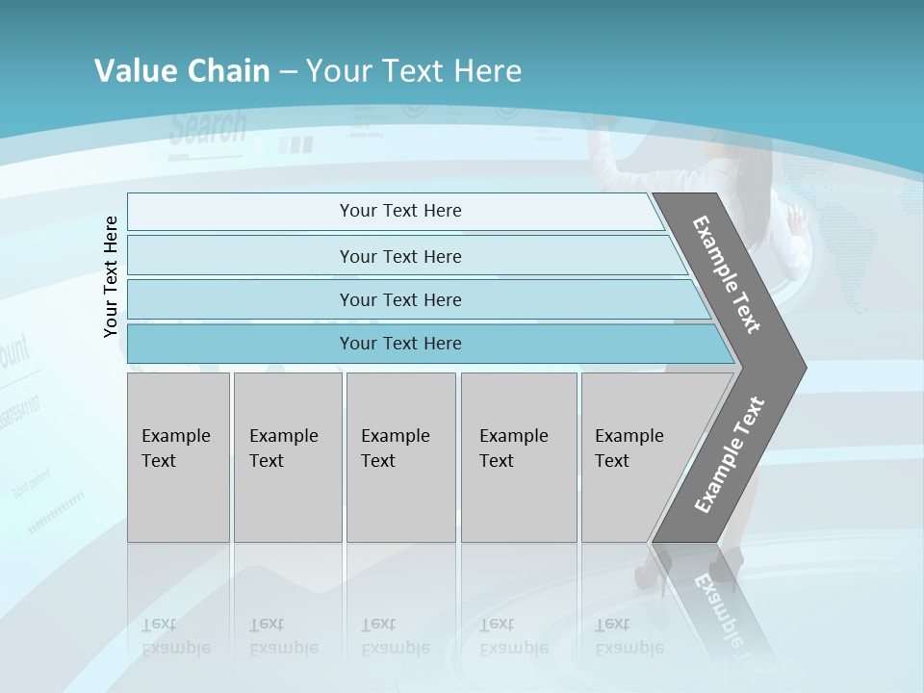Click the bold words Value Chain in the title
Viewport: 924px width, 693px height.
pos(182,71)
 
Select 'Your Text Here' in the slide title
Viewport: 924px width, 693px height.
pos(414,71)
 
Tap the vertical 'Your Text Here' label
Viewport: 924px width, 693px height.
pos(111,276)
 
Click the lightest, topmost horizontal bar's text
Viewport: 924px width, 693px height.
pos(400,211)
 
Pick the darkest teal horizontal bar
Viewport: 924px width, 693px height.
pos(400,344)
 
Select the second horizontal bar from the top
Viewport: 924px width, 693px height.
pos(400,256)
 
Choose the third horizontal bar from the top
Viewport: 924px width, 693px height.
pos(400,300)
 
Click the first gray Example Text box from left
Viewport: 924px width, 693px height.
pos(178,457)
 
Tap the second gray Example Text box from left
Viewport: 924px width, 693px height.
pos(287,457)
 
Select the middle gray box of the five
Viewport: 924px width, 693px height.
pos(400,457)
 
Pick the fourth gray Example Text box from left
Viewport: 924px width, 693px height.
pos(518,457)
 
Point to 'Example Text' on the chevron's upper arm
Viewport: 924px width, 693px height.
pos(727,274)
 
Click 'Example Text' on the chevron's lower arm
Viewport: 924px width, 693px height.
pos(729,455)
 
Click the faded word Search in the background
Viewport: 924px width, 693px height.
pos(208,128)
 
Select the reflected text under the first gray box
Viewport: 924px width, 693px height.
pos(176,636)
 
